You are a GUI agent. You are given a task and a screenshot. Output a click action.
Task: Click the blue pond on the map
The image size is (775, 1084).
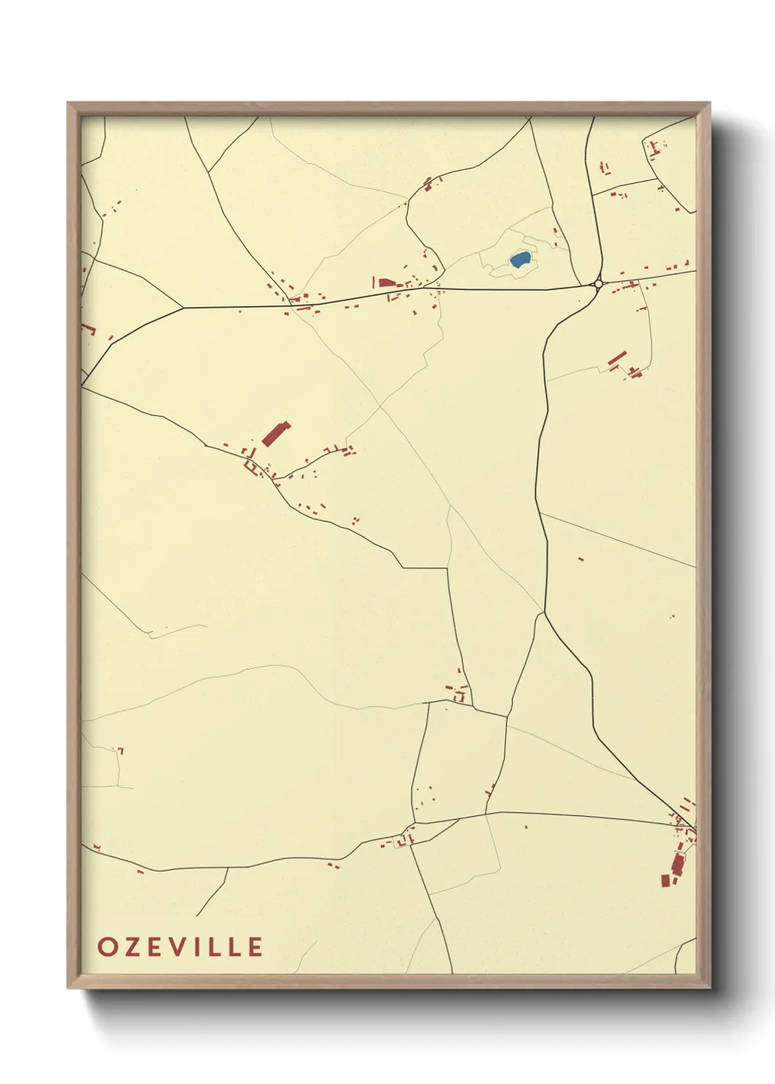point(519,259)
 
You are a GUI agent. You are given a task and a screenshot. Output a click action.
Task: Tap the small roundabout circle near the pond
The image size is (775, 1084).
point(598,283)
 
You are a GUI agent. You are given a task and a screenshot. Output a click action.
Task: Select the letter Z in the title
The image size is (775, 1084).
point(132,946)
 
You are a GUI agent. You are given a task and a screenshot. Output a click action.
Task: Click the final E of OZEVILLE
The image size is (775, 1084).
point(255,946)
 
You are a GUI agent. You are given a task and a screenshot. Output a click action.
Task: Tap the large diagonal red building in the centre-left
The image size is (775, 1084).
point(276,434)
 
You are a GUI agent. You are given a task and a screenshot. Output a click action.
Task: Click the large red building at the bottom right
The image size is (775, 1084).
point(677,866)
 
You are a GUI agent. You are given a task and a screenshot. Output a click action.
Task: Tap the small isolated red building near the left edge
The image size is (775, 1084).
point(121,751)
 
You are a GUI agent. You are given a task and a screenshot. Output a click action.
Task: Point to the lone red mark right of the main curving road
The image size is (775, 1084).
point(581,559)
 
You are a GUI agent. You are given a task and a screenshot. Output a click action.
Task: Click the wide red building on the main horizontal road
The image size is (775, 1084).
point(385,283)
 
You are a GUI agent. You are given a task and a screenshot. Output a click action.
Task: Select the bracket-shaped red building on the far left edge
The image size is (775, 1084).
point(89,329)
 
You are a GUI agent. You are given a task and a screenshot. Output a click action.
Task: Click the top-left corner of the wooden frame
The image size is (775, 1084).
point(68,103)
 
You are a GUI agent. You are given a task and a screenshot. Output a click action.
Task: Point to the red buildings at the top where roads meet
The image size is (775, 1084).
point(429,184)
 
